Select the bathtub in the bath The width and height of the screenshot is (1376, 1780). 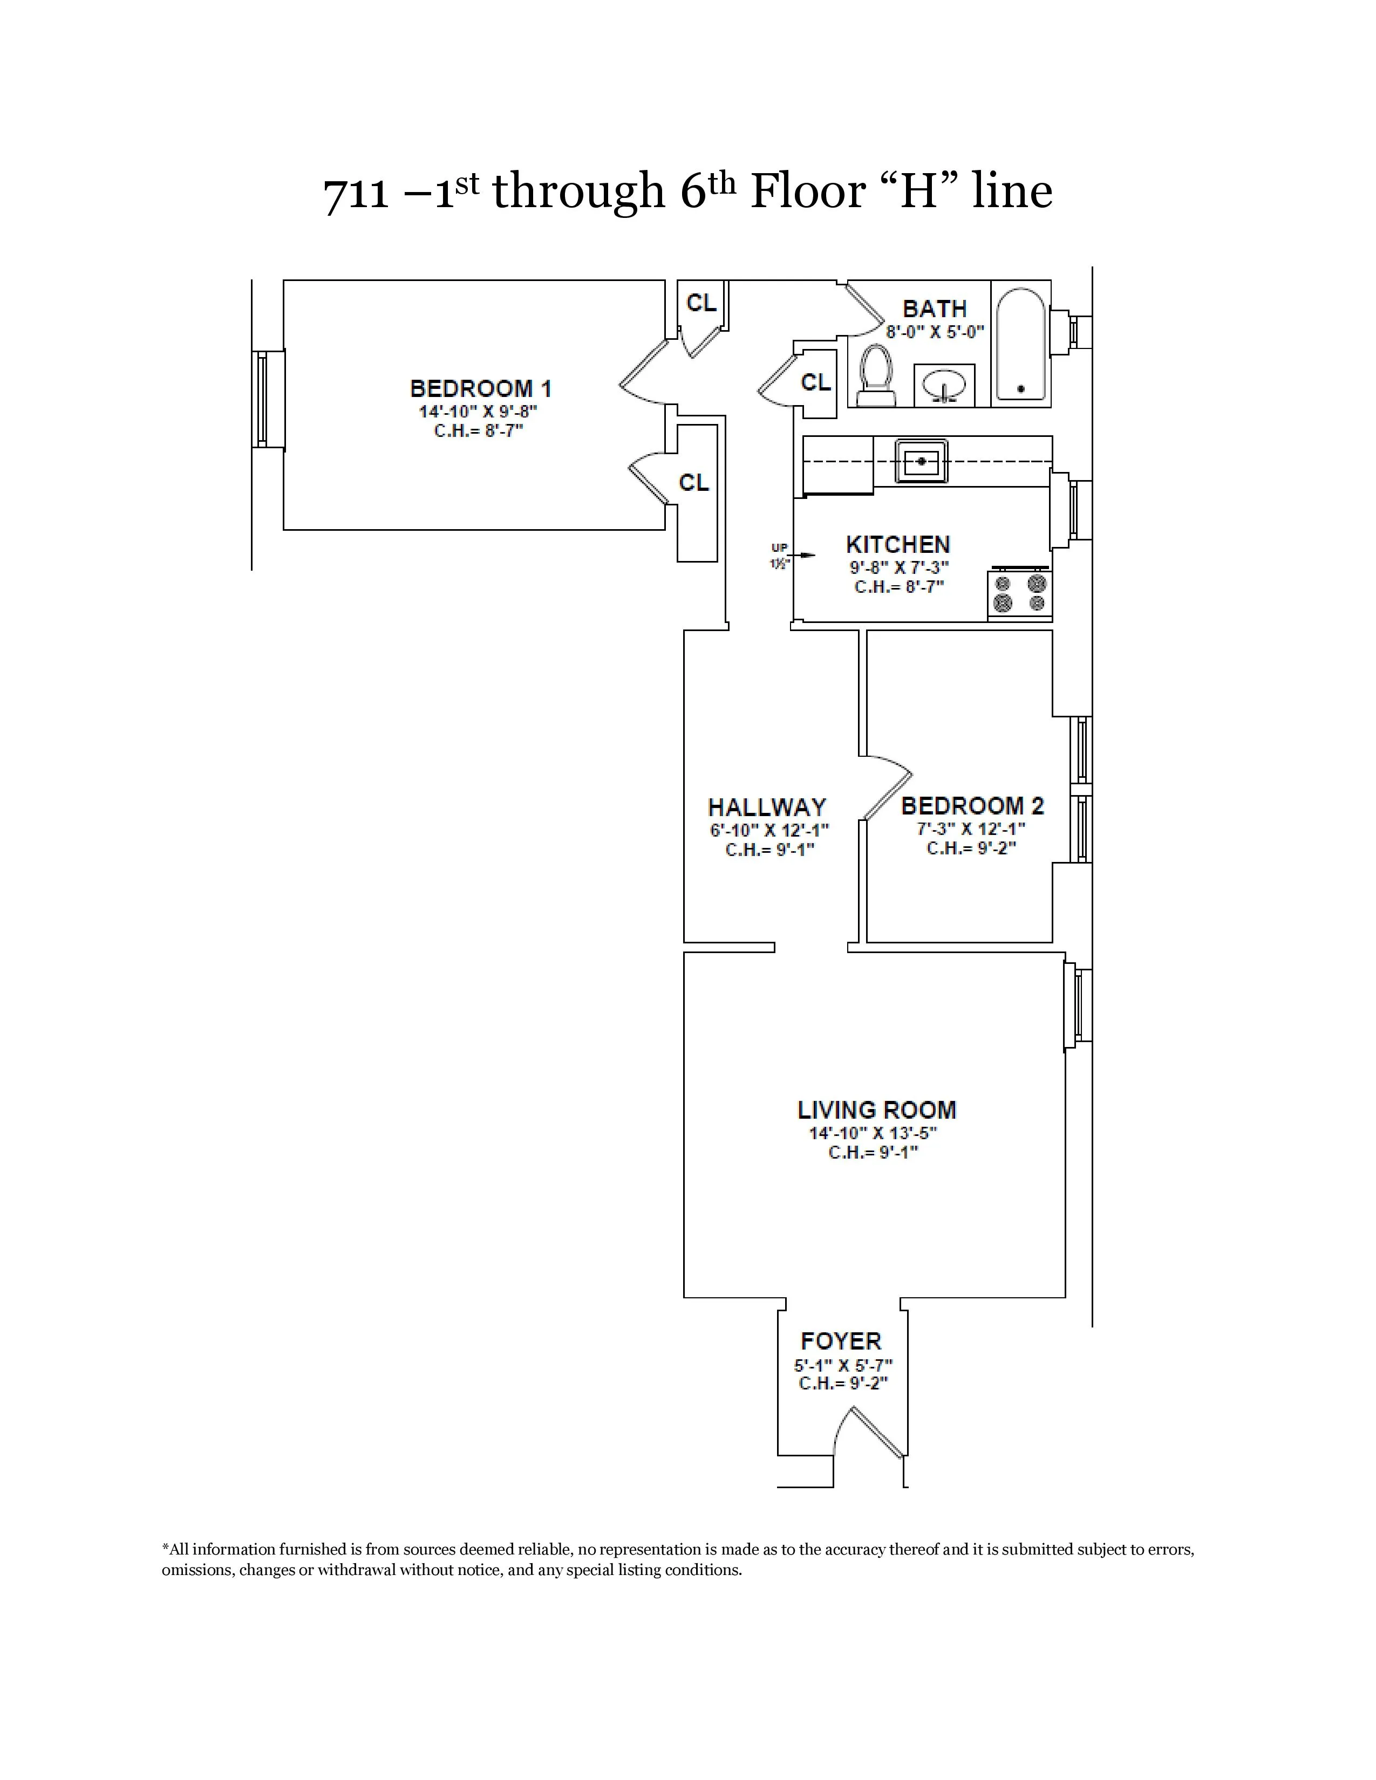pos(1020,344)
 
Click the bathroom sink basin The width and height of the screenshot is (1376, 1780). pos(944,383)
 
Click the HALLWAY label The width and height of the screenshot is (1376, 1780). pos(766,807)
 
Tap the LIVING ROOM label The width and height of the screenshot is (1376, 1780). pos(876,1109)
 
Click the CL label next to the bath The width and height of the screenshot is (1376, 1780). pos(815,382)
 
